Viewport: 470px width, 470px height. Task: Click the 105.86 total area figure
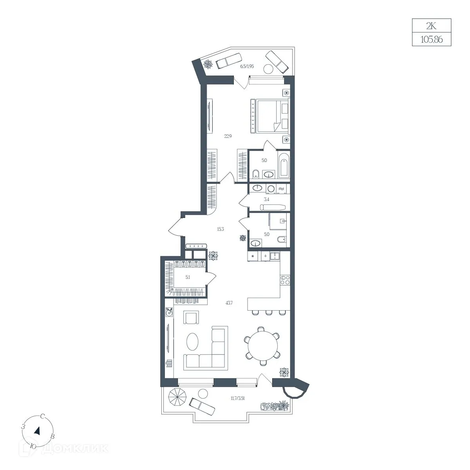point(432,39)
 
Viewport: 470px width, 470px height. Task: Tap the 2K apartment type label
point(431,26)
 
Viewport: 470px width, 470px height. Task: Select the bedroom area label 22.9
point(228,136)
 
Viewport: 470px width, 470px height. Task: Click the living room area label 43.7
point(229,303)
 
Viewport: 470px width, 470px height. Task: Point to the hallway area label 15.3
point(220,229)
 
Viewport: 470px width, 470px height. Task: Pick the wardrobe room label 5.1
point(188,277)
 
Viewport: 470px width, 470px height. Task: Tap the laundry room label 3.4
point(267,199)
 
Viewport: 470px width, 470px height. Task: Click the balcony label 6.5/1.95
point(247,66)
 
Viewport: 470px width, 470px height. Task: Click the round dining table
point(263,346)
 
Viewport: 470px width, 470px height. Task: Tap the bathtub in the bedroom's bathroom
point(284,165)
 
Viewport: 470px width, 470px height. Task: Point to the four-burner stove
point(285,280)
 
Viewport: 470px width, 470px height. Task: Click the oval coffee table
point(193,342)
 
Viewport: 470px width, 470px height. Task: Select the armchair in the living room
point(191,318)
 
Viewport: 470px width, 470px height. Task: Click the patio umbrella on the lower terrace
point(177,397)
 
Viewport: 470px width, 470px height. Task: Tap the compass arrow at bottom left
point(37,437)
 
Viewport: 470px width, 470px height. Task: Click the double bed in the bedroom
point(270,116)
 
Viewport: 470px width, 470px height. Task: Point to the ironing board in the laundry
point(273,207)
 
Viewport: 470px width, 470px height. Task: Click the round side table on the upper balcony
point(269,69)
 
